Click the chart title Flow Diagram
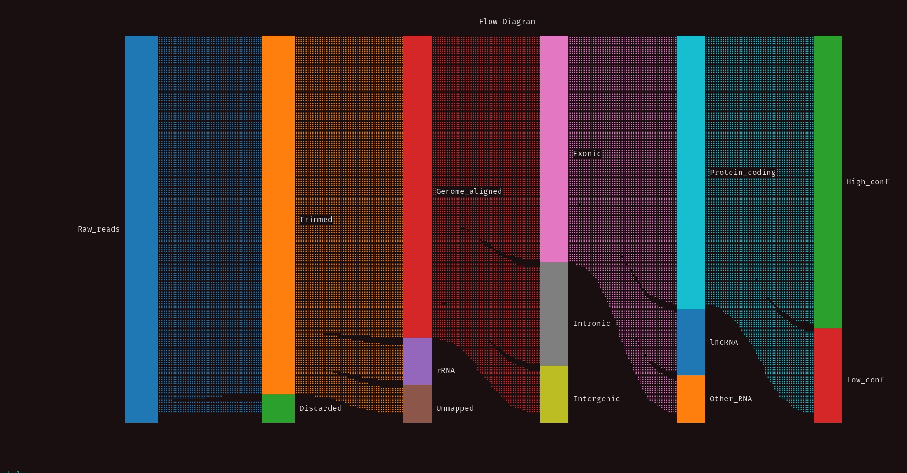tap(507, 22)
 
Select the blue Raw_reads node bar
tap(141, 229)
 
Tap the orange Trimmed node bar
tap(278, 215)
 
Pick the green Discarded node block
tap(278, 408)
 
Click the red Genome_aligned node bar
tap(417, 186)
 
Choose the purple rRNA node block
tap(417, 361)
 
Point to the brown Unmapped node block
tap(417, 403)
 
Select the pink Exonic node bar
tap(554, 149)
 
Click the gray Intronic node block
tap(554, 314)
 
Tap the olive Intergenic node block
tap(554, 394)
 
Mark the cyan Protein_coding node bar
tap(691, 172)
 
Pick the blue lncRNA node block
tap(691, 342)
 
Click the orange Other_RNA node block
tap(691, 398)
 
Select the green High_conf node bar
tap(827, 182)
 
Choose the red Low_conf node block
tap(827, 375)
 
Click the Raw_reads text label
tap(99, 229)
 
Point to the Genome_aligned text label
tap(469, 191)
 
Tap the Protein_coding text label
tap(742, 173)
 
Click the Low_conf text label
tap(865, 380)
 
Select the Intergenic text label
tap(596, 399)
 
